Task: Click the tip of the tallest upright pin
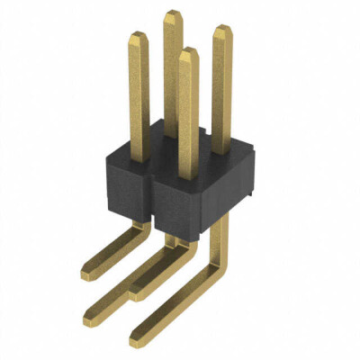click(173, 13)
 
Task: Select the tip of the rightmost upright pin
click(220, 28)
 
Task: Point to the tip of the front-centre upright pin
click(187, 49)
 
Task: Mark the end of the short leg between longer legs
click(138, 292)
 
